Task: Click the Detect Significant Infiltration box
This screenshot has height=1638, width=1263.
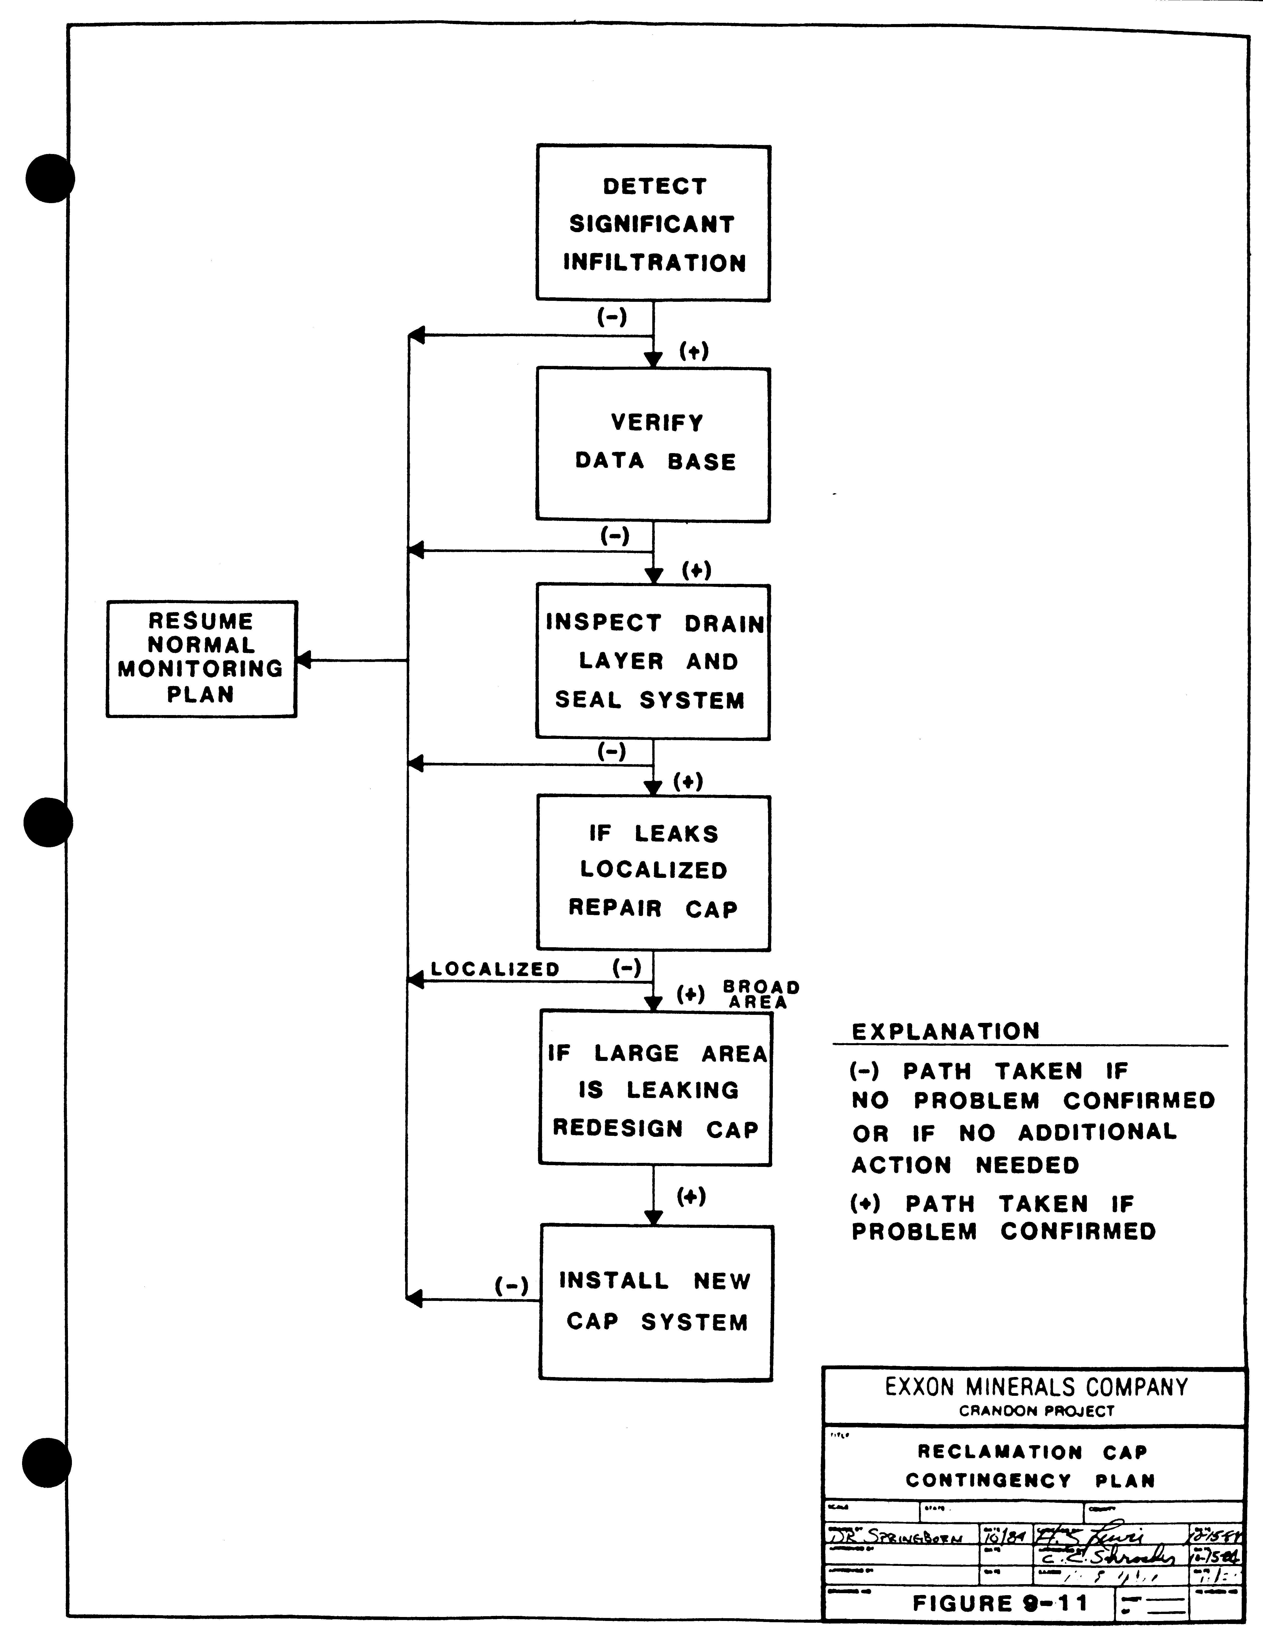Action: (x=653, y=223)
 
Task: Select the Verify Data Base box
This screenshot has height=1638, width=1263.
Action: (x=653, y=444)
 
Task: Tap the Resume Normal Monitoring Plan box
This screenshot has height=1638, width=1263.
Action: (x=201, y=658)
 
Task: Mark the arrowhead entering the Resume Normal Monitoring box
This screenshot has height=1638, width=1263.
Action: (x=304, y=660)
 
